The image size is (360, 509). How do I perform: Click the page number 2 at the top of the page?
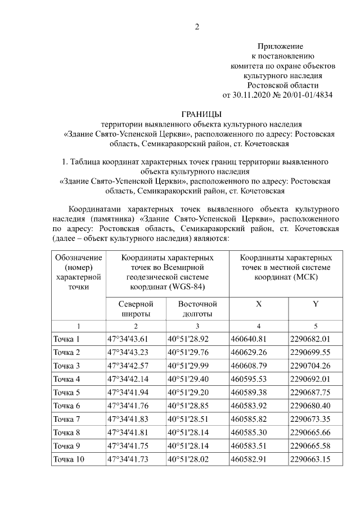[197, 26]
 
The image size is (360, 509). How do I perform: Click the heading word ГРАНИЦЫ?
[201, 114]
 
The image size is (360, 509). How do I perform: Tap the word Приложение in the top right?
[280, 46]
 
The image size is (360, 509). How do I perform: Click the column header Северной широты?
[135, 309]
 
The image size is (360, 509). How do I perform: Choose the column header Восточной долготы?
[197, 309]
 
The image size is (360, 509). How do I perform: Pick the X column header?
[259, 304]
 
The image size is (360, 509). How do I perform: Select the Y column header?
[316, 304]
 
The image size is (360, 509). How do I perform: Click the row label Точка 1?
[66, 339]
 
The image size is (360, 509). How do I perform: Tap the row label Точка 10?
[69, 460]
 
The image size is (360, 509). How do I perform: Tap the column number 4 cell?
[259, 326]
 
